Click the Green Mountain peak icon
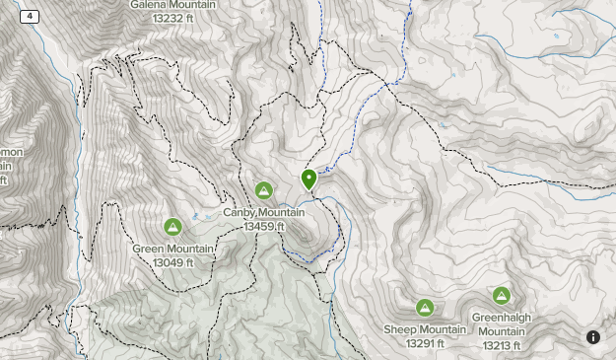pos(173,228)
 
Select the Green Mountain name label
pos(173,250)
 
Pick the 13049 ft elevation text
pos(173,262)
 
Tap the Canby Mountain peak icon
pos(263,190)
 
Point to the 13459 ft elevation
pos(263,227)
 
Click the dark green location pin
pos(309,179)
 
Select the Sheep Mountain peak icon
pos(425,308)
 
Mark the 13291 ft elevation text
pos(425,343)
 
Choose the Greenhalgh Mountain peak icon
pos(502,296)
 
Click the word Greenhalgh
pos(502,318)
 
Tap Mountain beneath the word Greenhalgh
pos(502,332)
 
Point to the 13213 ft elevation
pos(502,346)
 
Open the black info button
pos(593,337)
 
